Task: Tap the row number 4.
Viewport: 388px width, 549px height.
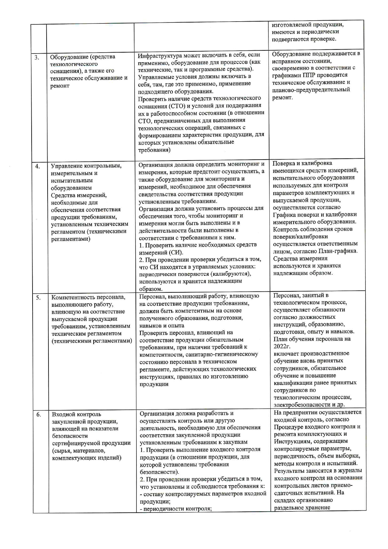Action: [38, 167]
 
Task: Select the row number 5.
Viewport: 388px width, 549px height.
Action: [38, 298]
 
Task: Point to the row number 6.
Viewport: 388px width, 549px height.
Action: [38, 415]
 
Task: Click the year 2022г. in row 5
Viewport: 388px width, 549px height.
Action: [282, 346]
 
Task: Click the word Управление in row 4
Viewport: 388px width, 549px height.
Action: [66, 166]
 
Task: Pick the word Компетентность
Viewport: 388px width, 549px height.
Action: [71, 297]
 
